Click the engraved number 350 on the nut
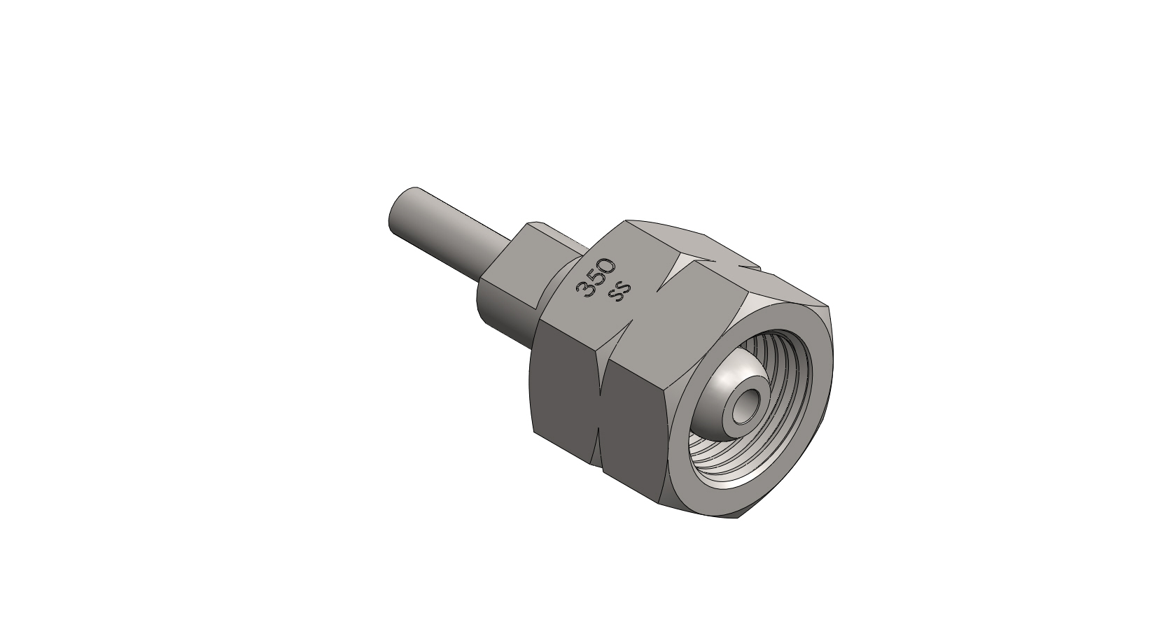(595, 278)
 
